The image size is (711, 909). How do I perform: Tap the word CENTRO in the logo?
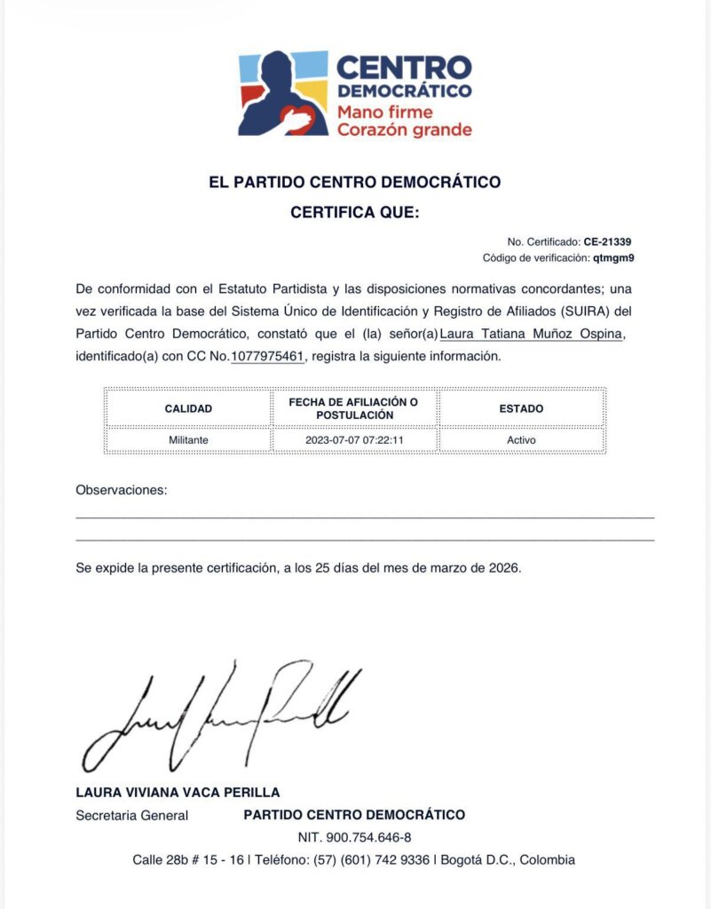(404, 67)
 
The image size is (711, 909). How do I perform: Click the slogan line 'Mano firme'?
(384, 113)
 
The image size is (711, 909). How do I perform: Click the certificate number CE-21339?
(607, 241)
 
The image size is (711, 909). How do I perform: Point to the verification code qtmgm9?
(613, 258)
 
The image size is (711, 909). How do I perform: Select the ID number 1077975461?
(267, 357)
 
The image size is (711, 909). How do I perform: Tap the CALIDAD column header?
(188, 409)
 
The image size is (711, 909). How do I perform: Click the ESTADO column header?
(521, 409)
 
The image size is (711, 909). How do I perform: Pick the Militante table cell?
(188, 439)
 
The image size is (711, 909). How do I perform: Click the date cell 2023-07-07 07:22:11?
(353, 439)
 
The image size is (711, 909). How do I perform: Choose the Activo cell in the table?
(521, 439)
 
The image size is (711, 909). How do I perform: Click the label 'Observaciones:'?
(122, 490)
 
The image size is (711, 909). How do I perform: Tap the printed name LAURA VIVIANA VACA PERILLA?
(178, 793)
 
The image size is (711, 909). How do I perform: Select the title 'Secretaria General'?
(132, 815)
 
